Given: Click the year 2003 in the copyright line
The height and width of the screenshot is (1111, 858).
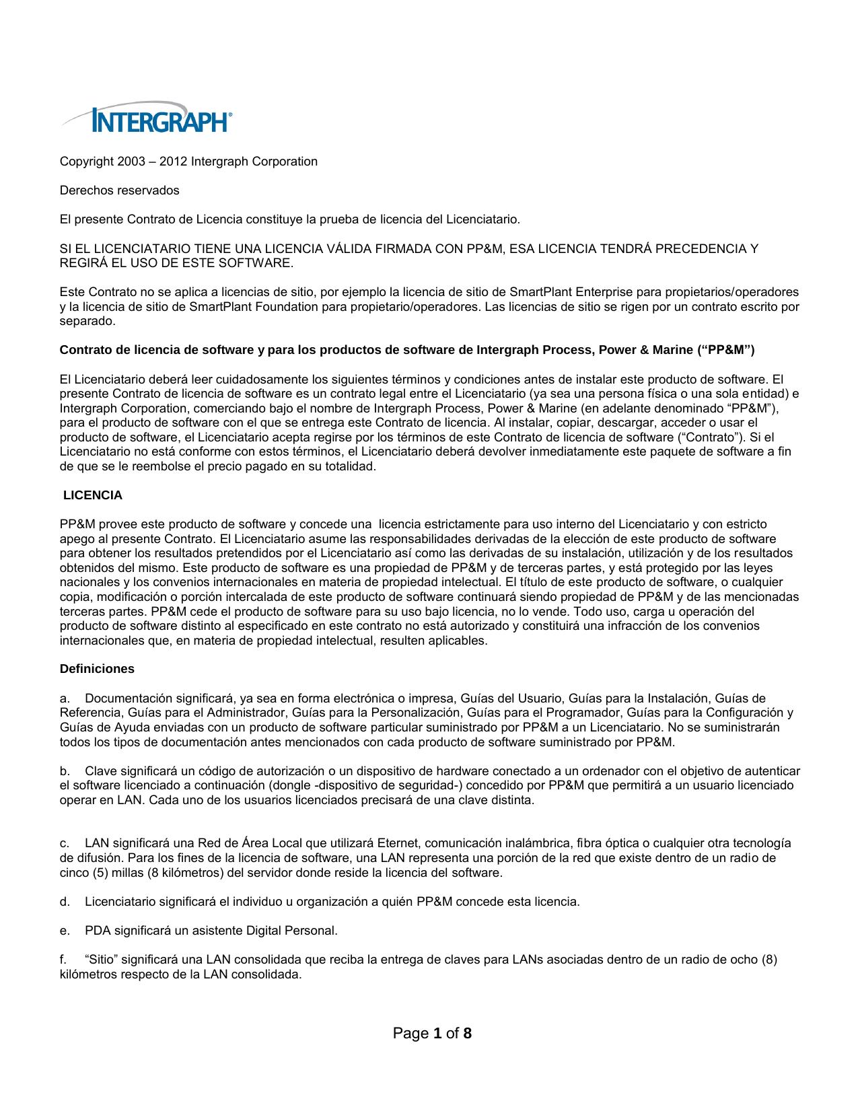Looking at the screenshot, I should [131, 162].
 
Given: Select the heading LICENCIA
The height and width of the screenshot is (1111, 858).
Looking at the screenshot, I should [93, 496].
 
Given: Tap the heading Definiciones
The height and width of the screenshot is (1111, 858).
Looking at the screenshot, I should [97, 669].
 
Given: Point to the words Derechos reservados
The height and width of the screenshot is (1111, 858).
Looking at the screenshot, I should [120, 190].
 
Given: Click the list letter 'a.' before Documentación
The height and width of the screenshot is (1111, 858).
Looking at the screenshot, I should [65, 698].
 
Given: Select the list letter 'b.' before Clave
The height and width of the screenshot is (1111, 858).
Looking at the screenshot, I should [65, 771].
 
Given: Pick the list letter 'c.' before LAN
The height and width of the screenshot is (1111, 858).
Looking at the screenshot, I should [65, 844].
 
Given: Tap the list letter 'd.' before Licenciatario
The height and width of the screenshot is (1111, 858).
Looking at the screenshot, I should [65, 902].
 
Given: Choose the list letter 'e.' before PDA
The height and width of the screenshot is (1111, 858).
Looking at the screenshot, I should [65, 931].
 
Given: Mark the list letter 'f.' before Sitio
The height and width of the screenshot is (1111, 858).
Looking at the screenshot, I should [63, 960].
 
